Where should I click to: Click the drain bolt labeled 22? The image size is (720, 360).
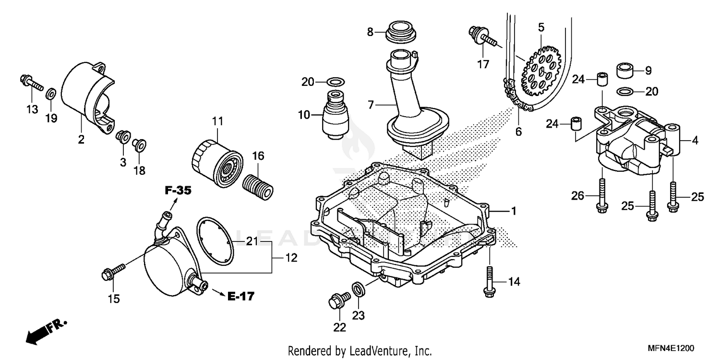337,300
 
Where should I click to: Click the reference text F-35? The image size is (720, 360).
178,191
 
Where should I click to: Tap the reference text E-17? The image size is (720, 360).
240,297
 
